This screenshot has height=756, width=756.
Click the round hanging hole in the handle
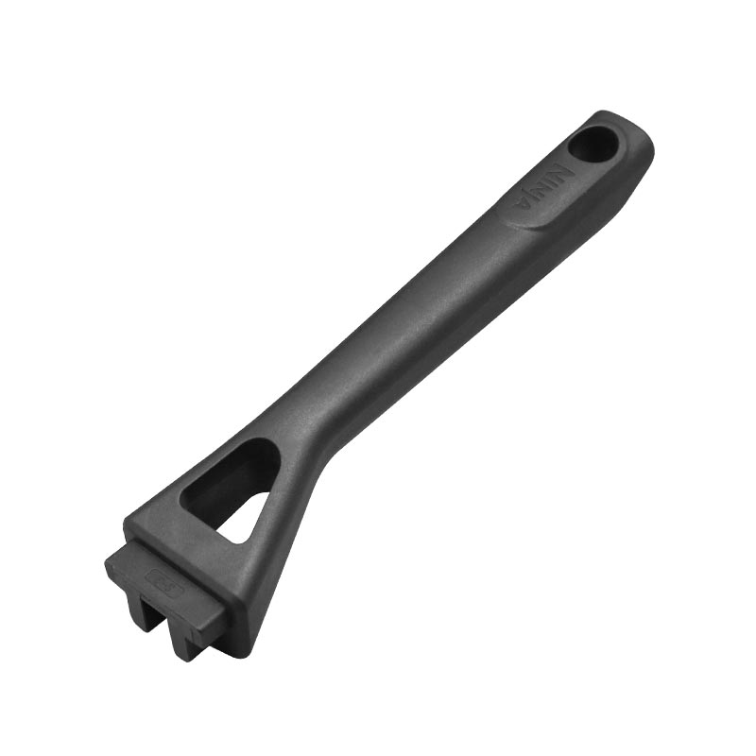(x=593, y=145)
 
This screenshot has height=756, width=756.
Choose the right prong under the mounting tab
(x=188, y=644)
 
